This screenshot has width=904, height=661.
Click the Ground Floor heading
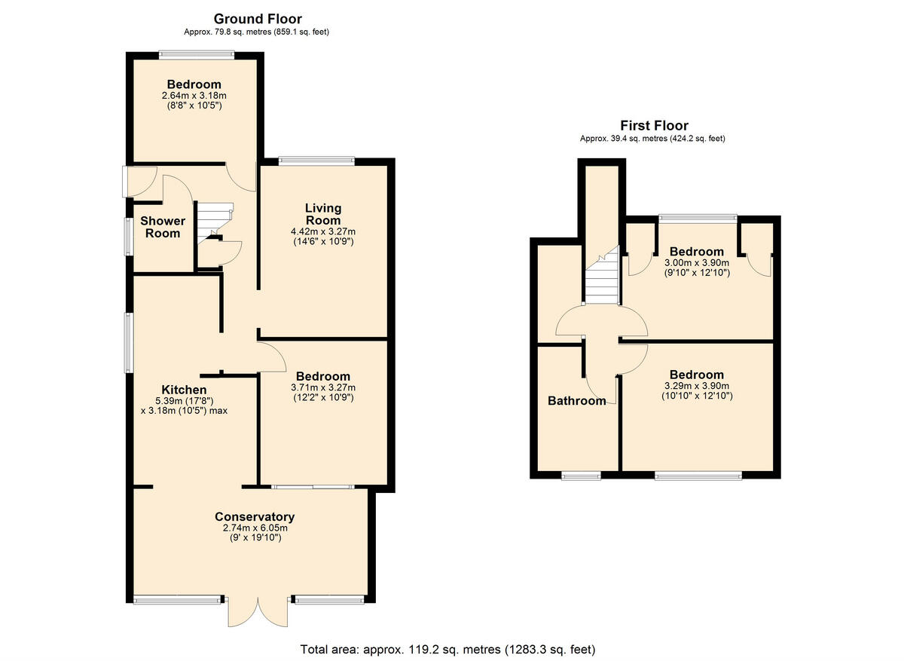[258, 19]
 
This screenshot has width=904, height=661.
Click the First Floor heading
[654, 126]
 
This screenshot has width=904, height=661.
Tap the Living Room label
[322, 214]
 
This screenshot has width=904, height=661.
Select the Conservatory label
[255, 517]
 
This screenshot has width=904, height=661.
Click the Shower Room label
[163, 227]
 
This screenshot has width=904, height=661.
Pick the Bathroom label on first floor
[576, 401]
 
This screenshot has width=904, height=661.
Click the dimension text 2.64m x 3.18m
[194, 96]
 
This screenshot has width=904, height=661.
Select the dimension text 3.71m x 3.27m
[322, 387]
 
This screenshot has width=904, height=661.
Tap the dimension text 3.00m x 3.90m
[697, 262]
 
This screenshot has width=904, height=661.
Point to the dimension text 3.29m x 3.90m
[697, 386]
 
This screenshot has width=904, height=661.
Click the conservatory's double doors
[258, 611]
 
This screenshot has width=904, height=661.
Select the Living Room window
[316, 159]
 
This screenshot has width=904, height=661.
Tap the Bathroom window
[582, 475]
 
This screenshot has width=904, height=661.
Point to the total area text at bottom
[448, 649]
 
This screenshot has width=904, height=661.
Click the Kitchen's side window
[129, 342]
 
